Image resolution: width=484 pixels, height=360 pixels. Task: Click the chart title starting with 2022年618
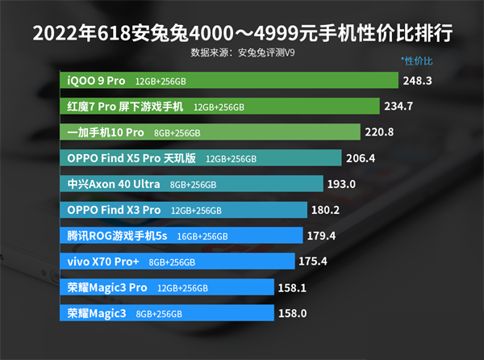tap(241, 35)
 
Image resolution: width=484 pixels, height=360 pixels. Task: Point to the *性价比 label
tap(417, 61)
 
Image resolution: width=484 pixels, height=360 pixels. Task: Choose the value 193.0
tap(341, 184)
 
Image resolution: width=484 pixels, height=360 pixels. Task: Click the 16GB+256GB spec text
tap(202, 237)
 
